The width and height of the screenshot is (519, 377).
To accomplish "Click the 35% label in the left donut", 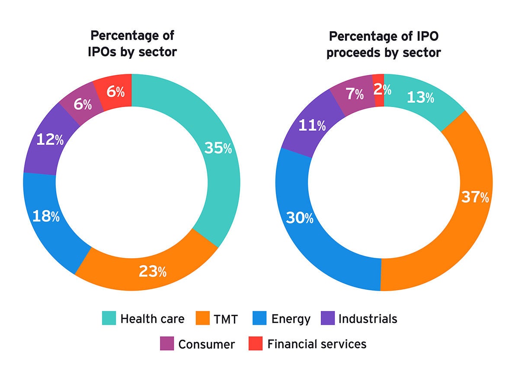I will coord(218,148).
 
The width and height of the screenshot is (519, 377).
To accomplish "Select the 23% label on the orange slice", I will coord(152,271).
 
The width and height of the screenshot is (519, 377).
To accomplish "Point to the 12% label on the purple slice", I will coord(50,139).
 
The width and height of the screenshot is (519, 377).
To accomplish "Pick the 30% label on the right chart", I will coord(299,218).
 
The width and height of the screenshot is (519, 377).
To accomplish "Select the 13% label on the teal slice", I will coord(420,98).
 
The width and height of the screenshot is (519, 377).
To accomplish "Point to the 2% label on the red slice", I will coord(383,90).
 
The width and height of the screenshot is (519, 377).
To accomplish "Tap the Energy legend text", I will coord(291,319).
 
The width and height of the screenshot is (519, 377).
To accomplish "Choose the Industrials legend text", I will coord(368,319).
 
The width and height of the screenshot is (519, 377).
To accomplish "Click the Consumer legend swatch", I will coord(167,344).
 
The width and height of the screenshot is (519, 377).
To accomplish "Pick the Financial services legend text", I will coord(317,344).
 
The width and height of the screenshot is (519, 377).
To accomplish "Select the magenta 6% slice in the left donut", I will coord(82,104).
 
